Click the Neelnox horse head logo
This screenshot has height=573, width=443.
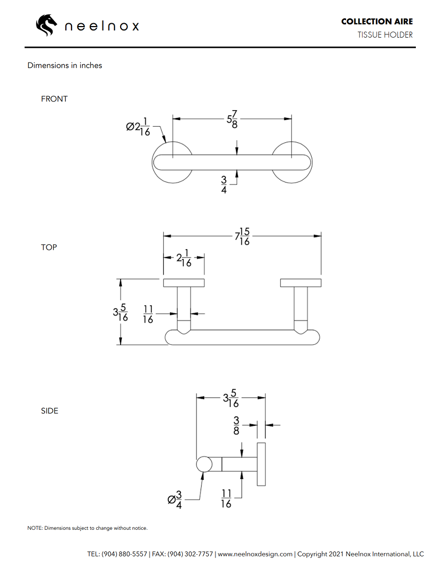tap(47, 25)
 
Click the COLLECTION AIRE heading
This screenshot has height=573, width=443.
tap(377, 22)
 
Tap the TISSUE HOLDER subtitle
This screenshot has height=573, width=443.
tap(385, 35)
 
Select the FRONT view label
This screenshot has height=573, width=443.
tap(54, 99)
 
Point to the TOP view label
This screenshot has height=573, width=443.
tap(49, 247)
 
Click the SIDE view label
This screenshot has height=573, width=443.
tap(49, 411)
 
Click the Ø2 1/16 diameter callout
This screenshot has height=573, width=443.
tap(138, 127)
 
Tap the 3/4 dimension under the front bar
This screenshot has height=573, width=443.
tap(224, 184)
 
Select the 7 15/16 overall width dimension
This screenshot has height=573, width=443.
tap(242, 236)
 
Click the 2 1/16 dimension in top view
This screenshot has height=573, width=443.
tap(184, 259)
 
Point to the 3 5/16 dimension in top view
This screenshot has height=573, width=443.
tap(121, 312)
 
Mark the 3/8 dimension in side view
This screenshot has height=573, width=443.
tap(236, 425)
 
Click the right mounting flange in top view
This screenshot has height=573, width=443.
tap(301, 283)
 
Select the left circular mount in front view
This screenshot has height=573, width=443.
tap(172, 162)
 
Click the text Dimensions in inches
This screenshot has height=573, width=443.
tap(65, 65)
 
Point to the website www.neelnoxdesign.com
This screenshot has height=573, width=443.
tap(255, 554)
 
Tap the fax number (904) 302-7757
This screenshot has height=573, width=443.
tap(190, 554)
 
